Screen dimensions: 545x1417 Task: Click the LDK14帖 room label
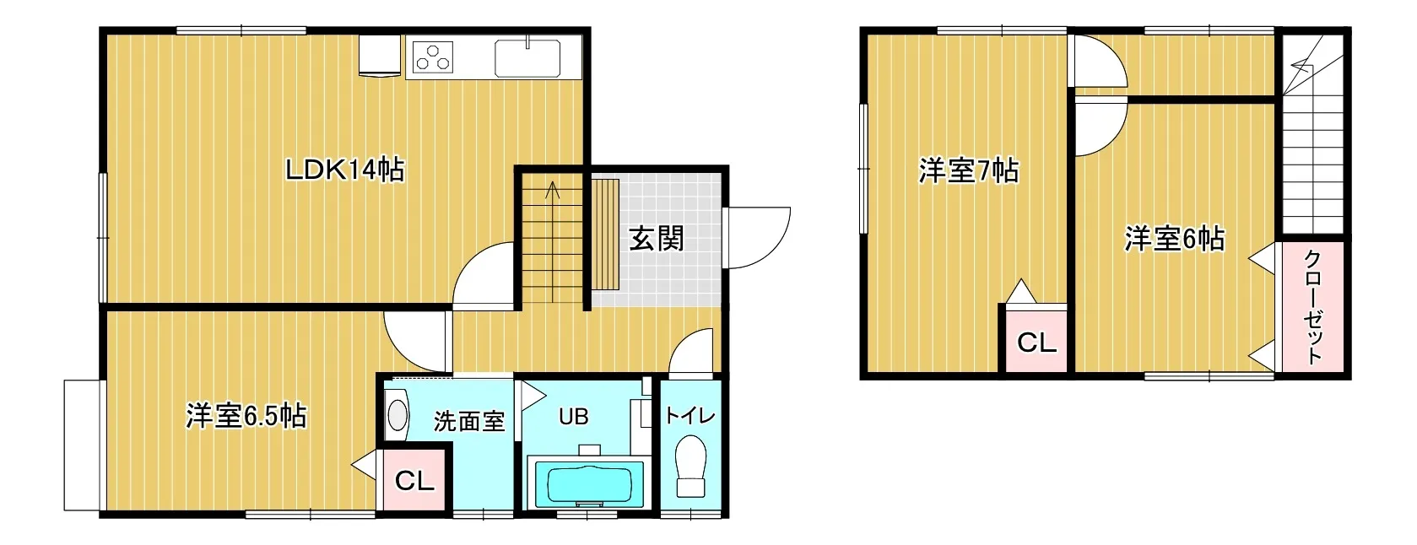click(x=344, y=170)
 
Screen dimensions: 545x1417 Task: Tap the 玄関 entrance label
click(x=656, y=240)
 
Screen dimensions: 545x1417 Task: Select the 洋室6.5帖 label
click(x=246, y=416)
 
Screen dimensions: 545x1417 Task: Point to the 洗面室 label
click(x=468, y=420)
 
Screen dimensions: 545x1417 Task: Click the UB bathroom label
click(x=573, y=417)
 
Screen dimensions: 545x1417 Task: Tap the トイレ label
click(x=690, y=415)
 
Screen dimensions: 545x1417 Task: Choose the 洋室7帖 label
click(x=968, y=171)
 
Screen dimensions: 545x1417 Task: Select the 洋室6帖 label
click(x=1174, y=240)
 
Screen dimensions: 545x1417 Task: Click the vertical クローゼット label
click(x=1313, y=306)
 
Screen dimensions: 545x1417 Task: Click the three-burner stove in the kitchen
click(x=433, y=58)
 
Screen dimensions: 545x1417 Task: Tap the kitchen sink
click(x=527, y=58)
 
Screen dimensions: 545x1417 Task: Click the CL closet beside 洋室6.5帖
click(x=414, y=481)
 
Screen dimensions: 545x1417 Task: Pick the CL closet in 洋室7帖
click(x=1036, y=342)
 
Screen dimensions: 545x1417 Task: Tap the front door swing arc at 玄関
click(x=757, y=238)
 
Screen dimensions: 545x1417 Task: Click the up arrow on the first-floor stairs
click(x=553, y=189)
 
